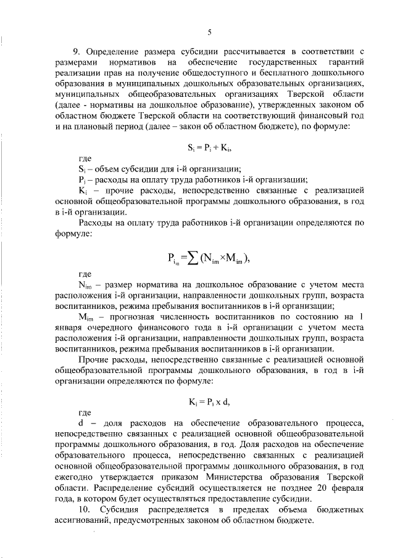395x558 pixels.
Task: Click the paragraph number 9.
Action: pyautogui.click(x=77, y=51)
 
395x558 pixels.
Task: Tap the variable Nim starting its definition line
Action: pyautogui.click(x=85, y=285)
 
